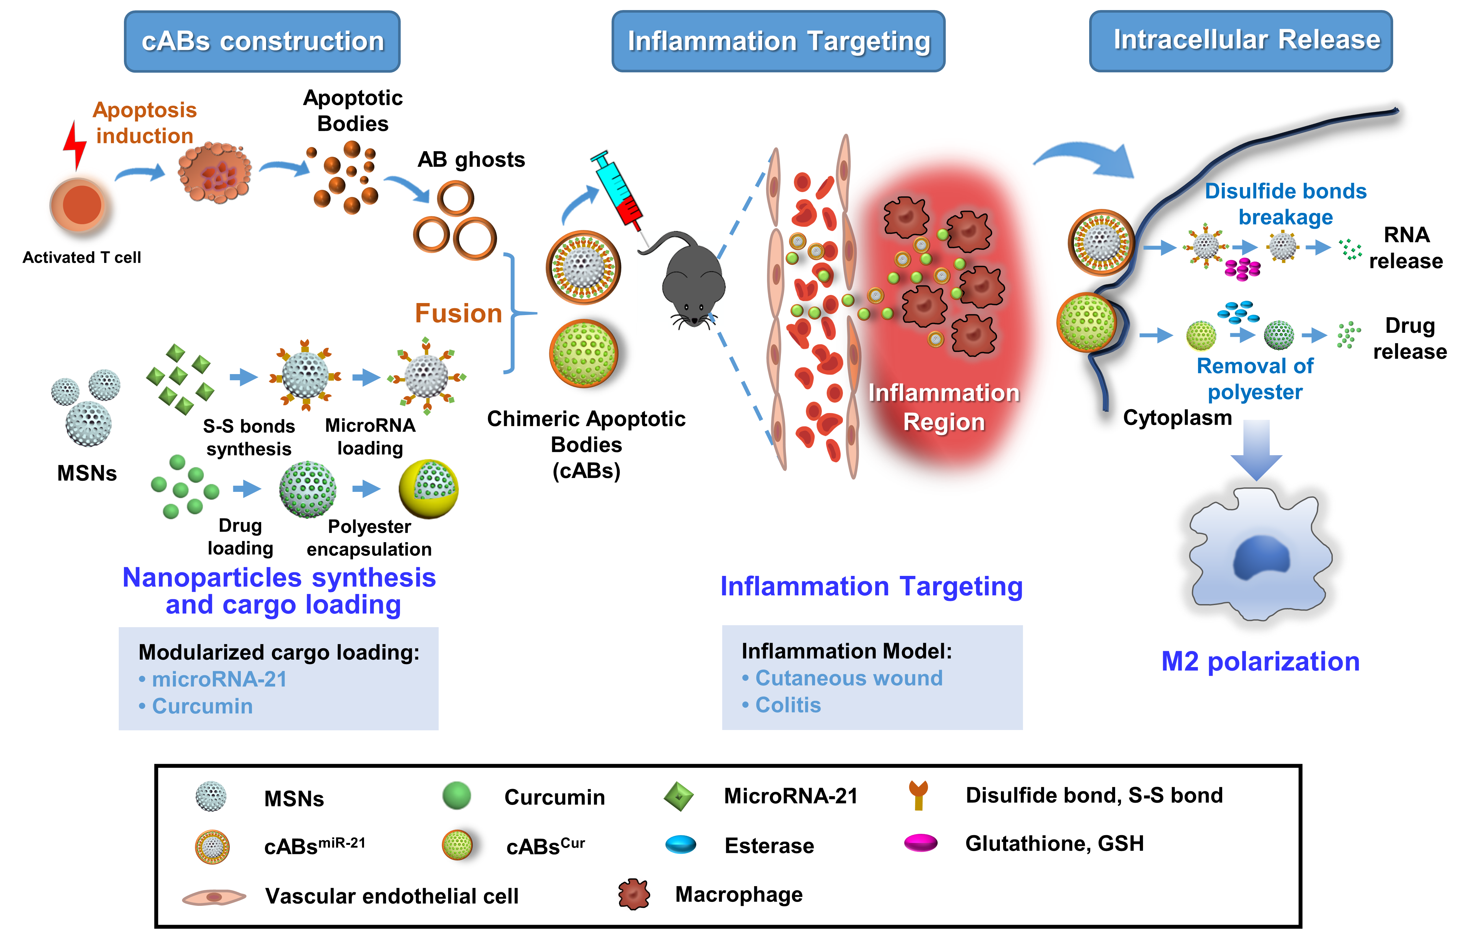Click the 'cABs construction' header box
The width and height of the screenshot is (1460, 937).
[x=262, y=42]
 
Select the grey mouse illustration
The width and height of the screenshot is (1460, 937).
[x=692, y=280]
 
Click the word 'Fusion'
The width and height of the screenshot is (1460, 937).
[x=458, y=313]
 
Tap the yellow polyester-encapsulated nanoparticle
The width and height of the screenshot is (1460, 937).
[x=428, y=489]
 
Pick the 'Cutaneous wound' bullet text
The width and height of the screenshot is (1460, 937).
[x=849, y=678]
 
